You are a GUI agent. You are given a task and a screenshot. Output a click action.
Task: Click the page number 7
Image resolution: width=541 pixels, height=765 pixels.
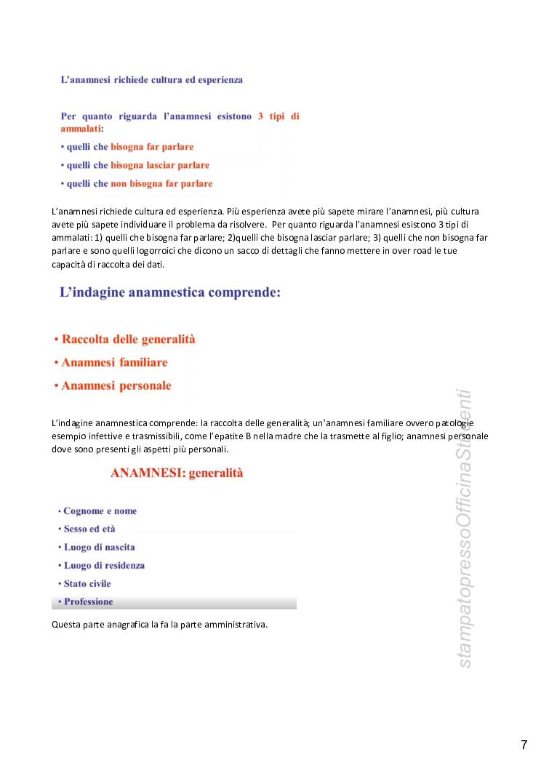coord(524,744)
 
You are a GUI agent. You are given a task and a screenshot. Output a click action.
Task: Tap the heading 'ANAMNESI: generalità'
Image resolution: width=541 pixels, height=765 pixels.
coord(177,473)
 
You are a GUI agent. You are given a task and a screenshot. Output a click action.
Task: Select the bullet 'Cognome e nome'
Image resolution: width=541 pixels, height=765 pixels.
coord(100,511)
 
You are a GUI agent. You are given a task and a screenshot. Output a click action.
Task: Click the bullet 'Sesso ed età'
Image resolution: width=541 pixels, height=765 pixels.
coord(89,529)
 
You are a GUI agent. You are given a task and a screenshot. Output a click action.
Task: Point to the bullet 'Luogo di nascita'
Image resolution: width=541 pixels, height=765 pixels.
coord(99,547)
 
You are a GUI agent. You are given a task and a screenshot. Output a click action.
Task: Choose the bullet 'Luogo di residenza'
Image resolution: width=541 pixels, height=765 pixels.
coord(104,565)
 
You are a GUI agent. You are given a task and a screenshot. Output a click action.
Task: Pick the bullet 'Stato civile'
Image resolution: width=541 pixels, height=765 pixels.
coord(87,583)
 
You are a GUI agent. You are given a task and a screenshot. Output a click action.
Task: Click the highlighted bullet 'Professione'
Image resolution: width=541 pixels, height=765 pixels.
coord(89,601)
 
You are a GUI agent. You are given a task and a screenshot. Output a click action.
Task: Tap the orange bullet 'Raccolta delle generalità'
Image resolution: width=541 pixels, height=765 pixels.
coord(129,340)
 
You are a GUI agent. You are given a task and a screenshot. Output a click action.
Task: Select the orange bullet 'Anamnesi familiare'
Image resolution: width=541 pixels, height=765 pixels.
coord(114,362)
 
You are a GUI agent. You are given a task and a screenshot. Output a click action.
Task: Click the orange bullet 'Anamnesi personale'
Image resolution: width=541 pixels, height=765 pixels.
coord(116,385)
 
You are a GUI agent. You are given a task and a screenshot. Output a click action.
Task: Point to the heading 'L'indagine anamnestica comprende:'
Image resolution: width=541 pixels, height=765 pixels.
coord(169,293)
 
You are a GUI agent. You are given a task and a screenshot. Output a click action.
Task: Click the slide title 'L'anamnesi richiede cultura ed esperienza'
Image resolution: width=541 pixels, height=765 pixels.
coord(151,80)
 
